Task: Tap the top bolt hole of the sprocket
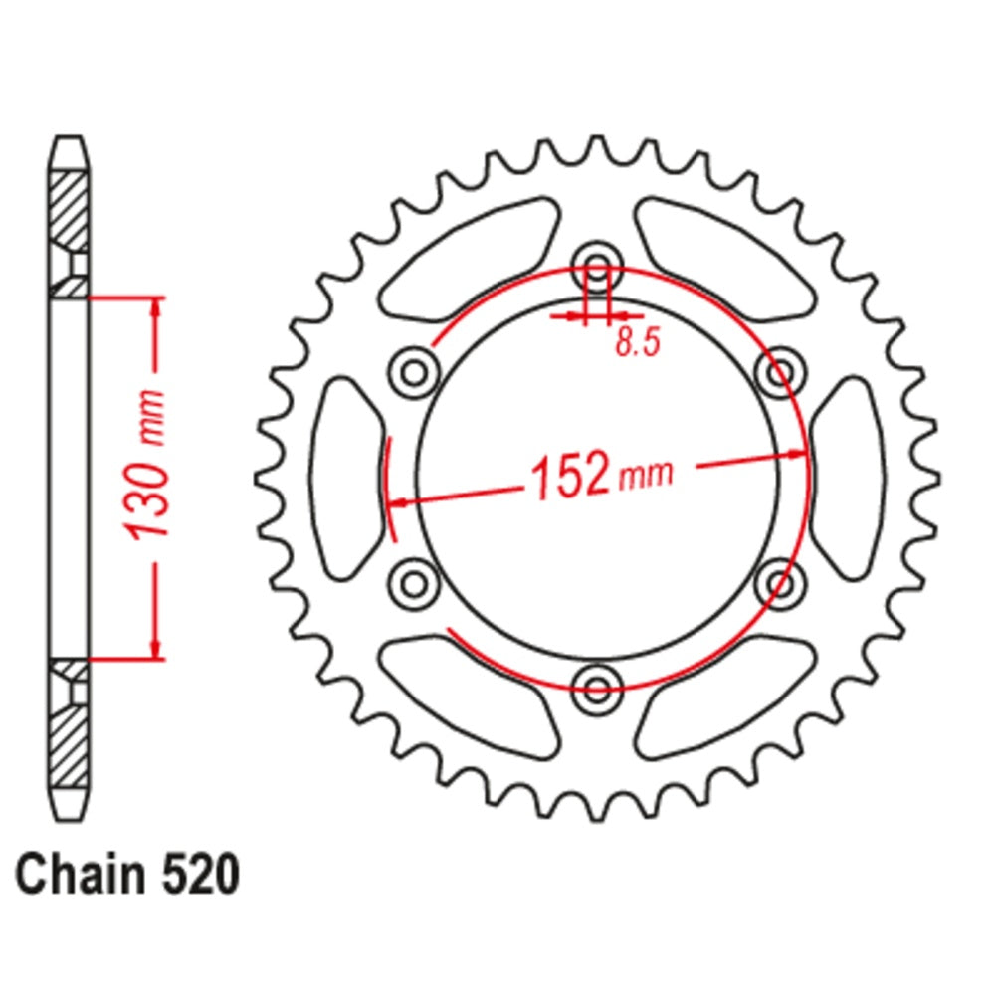click(597, 269)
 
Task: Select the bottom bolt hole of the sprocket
click(597, 684)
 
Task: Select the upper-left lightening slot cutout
click(468, 254)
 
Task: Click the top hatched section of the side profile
click(69, 209)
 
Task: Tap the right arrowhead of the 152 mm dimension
click(796, 455)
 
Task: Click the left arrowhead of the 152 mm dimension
click(397, 502)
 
